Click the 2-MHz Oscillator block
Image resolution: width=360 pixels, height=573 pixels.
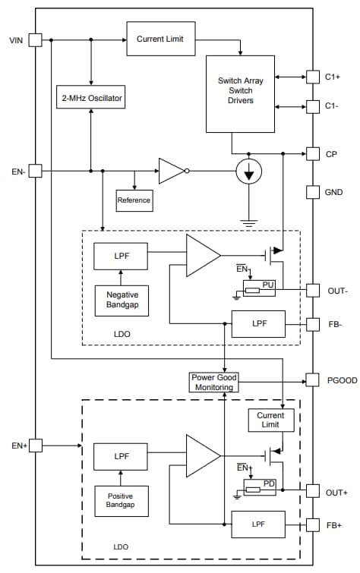[x=90, y=98]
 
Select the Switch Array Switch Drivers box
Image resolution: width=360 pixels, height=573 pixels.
[x=241, y=93]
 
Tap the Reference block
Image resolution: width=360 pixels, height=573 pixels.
[x=134, y=200]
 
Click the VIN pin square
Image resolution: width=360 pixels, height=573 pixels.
[x=35, y=39]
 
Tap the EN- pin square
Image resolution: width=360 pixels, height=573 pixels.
[x=35, y=171]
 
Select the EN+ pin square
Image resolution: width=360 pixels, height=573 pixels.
[x=35, y=445]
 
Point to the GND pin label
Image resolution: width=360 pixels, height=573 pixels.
[x=333, y=192]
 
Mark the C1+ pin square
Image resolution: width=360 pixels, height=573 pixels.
[x=312, y=76]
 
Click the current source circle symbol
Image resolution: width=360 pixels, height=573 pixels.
[x=248, y=172]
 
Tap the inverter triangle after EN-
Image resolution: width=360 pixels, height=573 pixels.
[x=172, y=171]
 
